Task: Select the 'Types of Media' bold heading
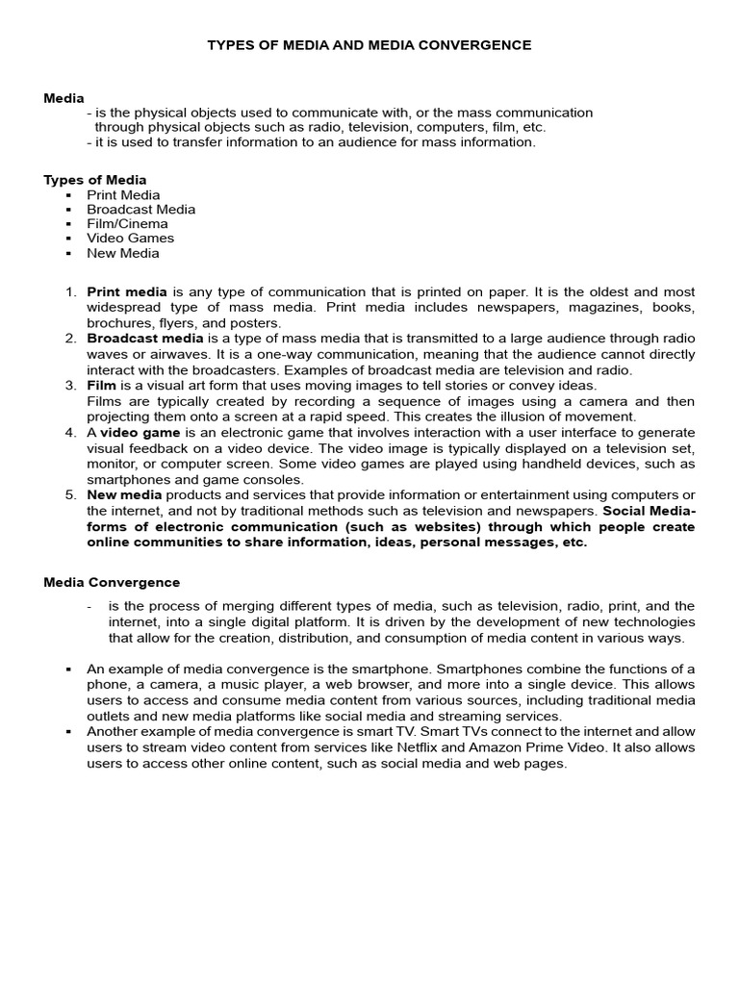(95, 180)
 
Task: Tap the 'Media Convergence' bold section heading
(112, 582)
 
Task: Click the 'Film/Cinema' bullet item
(127, 224)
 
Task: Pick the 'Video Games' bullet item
(131, 239)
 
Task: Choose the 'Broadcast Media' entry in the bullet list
(140, 210)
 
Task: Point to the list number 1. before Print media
(70, 291)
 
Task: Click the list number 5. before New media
(70, 494)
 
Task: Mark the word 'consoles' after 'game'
(276, 479)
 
